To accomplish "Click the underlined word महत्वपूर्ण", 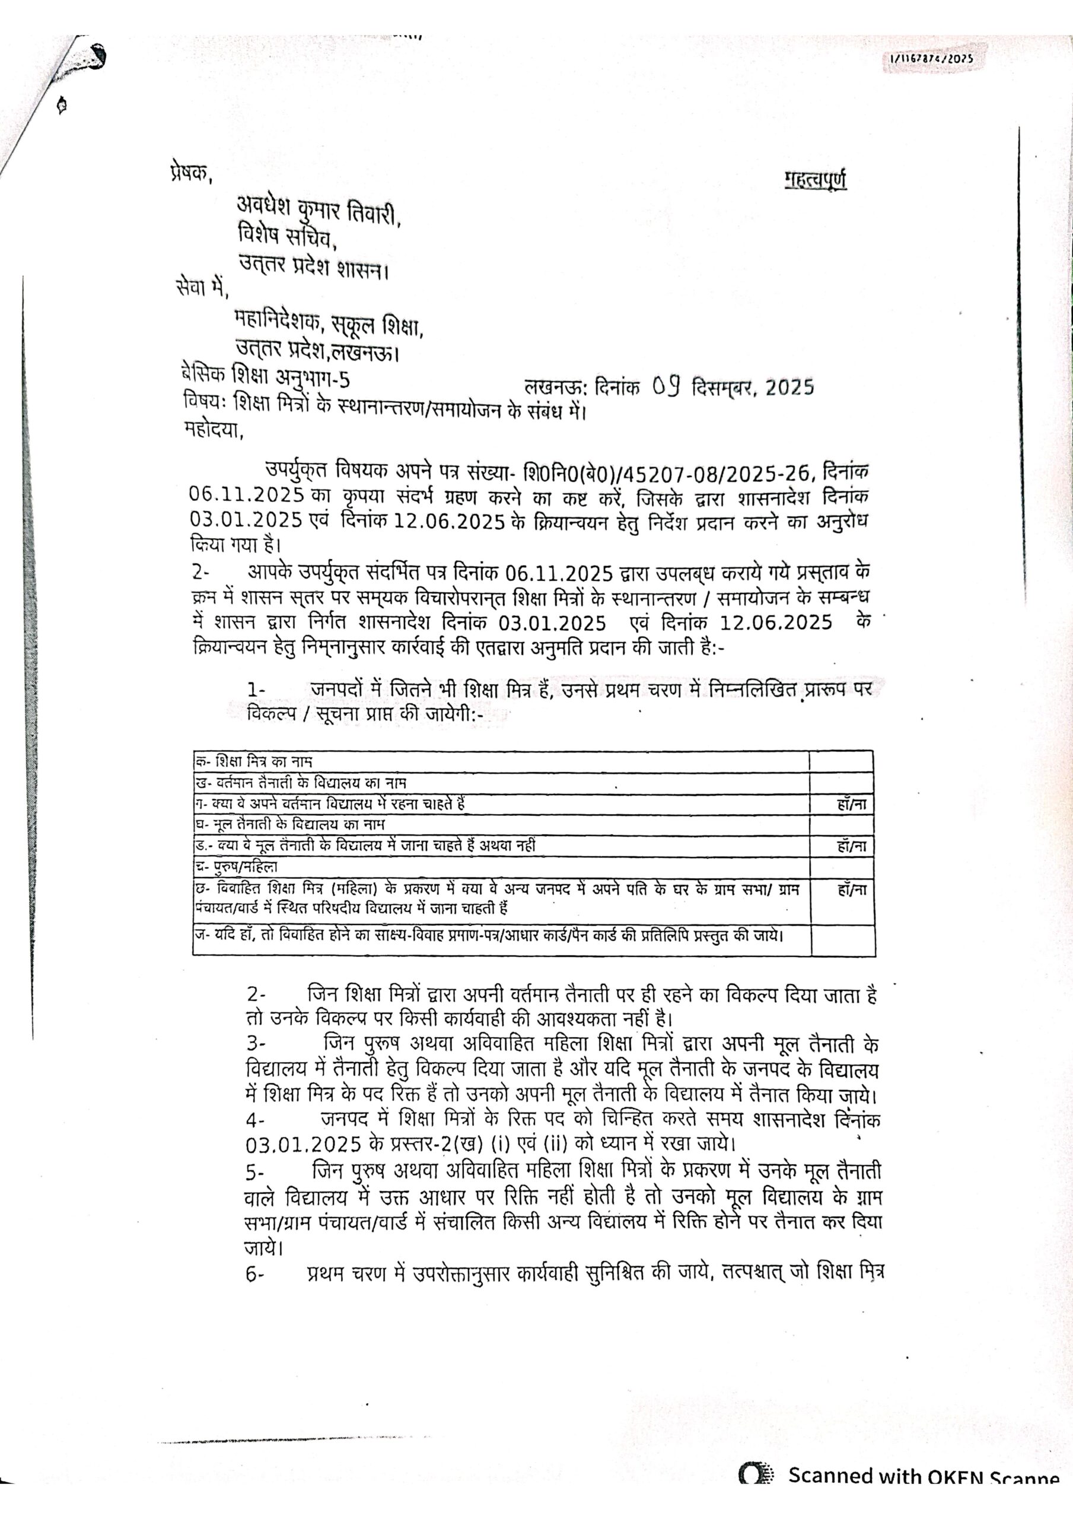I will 815,180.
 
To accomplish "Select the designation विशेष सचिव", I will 288,236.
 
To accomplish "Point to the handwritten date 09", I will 667,385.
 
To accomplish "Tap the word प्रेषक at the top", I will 189,173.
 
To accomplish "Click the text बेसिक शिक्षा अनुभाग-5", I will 266,379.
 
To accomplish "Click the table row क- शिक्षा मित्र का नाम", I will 253,761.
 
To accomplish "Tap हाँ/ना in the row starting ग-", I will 851,805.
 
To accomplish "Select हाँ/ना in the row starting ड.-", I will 851,846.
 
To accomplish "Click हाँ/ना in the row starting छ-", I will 851,891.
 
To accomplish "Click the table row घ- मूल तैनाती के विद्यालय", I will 289,825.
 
